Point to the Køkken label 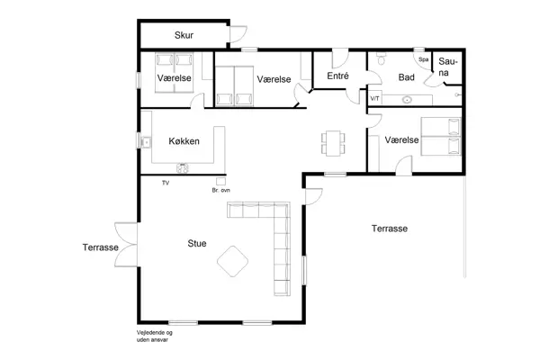pyautogui.click(x=184, y=141)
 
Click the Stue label pyautogui.click(x=196, y=243)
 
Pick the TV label pyautogui.click(x=166, y=183)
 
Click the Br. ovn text pyautogui.click(x=220, y=191)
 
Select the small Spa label pyautogui.click(x=423, y=59)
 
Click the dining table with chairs pyautogui.click(x=333, y=141)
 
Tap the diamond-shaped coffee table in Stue pyautogui.click(x=234, y=262)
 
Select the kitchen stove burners pyautogui.click(x=183, y=166)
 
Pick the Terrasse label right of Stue pyautogui.click(x=390, y=229)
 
